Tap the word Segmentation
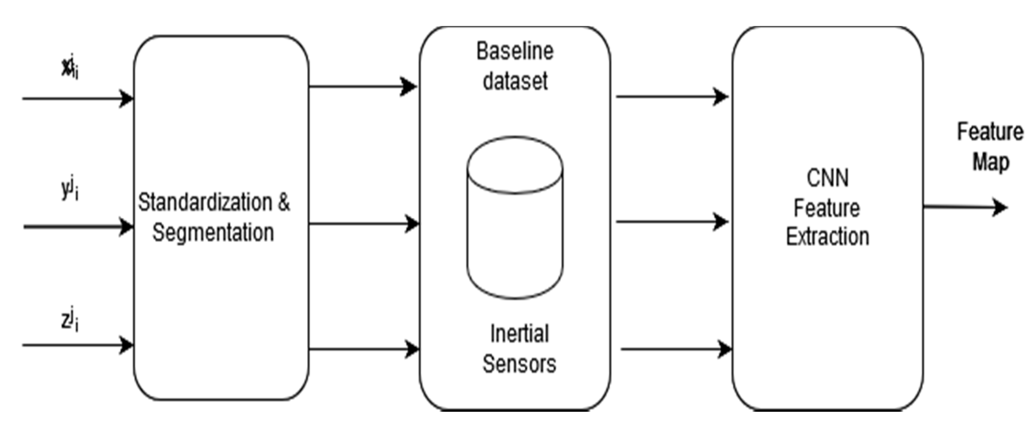pos(213,233)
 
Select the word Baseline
pos(515,52)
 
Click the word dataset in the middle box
pos(515,81)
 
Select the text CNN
pos(827,178)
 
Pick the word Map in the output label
pos(991,163)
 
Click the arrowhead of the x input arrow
pos(127,99)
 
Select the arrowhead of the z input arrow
pos(127,345)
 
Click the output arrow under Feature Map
pos(965,207)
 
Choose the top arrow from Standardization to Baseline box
pos(363,86)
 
